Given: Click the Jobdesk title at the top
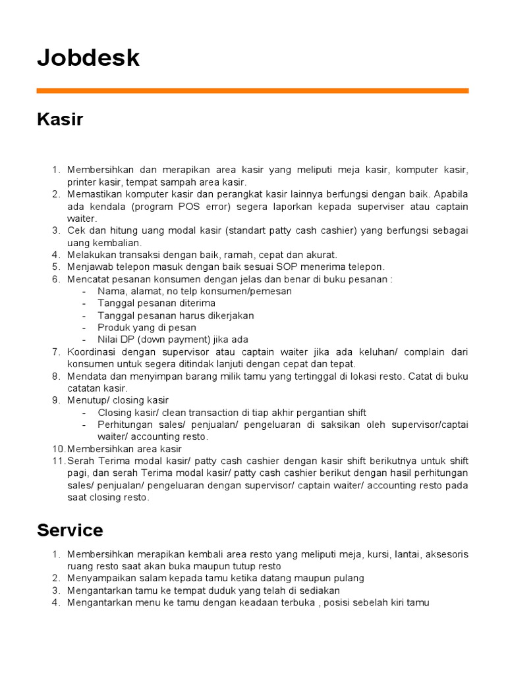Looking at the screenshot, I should (88, 58).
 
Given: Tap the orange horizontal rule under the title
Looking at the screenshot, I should (252, 91).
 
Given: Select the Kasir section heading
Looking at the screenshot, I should (60, 120).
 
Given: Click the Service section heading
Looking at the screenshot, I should (70, 531).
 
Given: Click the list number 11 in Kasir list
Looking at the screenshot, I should (58, 461).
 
